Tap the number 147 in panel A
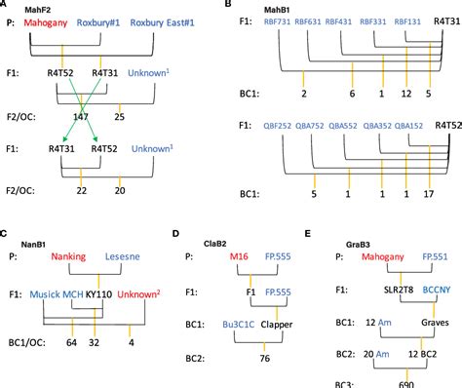point(80,116)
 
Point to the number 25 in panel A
point(119,116)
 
